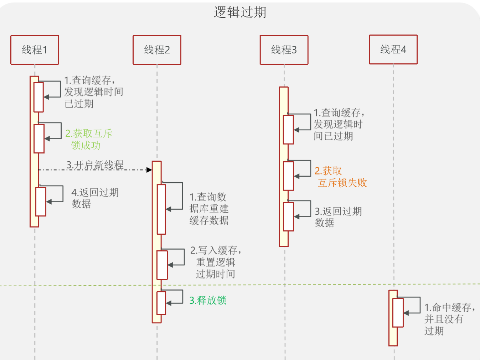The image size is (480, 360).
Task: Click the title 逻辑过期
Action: point(240,12)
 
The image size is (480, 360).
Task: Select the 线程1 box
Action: point(35,50)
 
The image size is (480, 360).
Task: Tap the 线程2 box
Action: point(157,50)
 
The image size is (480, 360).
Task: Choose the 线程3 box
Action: point(284,50)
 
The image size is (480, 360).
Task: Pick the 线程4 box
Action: point(393,49)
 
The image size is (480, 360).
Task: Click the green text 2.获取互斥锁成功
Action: point(88,139)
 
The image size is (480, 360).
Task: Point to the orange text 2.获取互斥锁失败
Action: point(340,177)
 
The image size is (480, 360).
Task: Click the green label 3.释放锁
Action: point(208,301)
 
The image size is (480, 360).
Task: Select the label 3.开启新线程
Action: point(95,165)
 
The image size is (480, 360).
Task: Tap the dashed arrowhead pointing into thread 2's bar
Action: point(149,170)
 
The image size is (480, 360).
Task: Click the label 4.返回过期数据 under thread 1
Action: point(95,198)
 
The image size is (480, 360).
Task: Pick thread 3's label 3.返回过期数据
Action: point(338,217)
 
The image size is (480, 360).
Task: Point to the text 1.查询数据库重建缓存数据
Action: point(209,209)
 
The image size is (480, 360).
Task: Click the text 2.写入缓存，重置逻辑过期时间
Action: point(216,262)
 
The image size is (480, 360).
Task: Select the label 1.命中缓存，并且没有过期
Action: point(449,319)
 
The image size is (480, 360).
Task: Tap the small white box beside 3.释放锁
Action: point(161,303)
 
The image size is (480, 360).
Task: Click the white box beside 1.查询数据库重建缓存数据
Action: point(161,209)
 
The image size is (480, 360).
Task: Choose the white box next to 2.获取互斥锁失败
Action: point(288,176)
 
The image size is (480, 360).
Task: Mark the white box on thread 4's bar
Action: point(398,313)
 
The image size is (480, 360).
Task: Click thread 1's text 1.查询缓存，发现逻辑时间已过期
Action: point(93,92)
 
